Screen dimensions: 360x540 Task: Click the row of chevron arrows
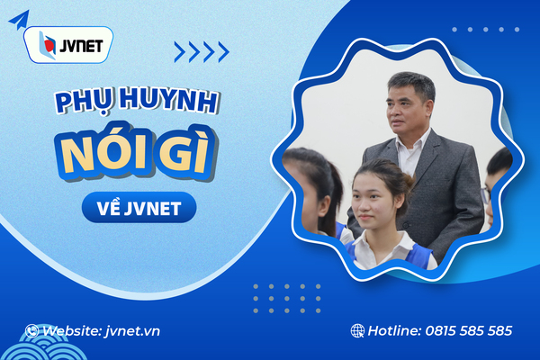pos(201,52)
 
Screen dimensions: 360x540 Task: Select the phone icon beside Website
pos(32,330)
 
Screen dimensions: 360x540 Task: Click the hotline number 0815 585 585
pos(467,330)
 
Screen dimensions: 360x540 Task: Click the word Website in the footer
pos(73,330)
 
